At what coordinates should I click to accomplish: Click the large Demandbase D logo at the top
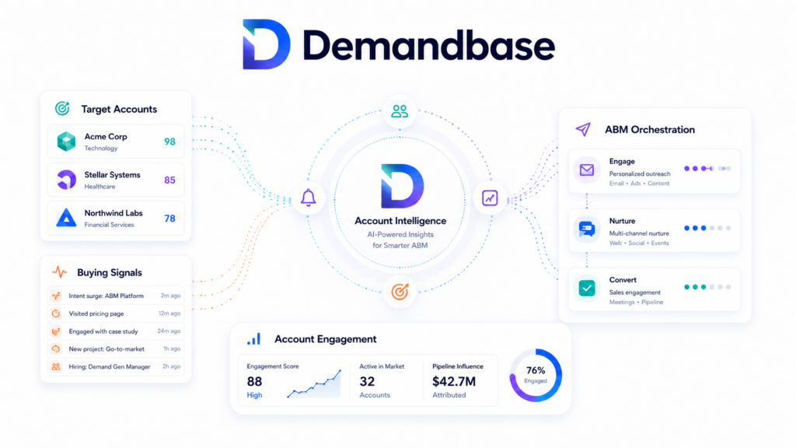pyautogui.click(x=266, y=44)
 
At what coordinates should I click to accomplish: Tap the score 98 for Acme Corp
pyautogui.click(x=169, y=142)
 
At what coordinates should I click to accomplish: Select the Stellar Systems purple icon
pyautogui.click(x=67, y=180)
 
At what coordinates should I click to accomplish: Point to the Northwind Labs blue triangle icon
pyautogui.click(x=66, y=218)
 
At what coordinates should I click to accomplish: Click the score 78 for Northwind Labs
pyautogui.click(x=169, y=219)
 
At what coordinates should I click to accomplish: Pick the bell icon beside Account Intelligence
pyautogui.click(x=308, y=198)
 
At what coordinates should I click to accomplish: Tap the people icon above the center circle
pyautogui.click(x=400, y=111)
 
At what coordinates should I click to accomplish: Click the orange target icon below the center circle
pyautogui.click(x=400, y=292)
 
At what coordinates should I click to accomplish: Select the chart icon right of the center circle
pyautogui.click(x=490, y=198)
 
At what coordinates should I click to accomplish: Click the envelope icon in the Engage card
pyautogui.click(x=587, y=170)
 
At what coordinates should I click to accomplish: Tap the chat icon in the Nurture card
pyautogui.click(x=587, y=229)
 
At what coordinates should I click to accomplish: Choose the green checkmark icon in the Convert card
pyautogui.click(x=587, y=288)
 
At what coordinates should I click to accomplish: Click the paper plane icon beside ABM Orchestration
pyautogui.click(x=583, y=129)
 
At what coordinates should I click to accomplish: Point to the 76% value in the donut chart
pyautogui.click(x=536, y=370)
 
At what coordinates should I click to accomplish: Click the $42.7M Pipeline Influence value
pyautogui.click(x=454, y=381)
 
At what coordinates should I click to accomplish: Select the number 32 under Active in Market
pyautogui.click(x=367, y=381)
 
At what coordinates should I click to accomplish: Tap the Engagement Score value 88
pyautogui.click(x=254, y=381)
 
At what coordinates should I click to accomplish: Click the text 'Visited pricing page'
pyautogui.click(x=96, y=313)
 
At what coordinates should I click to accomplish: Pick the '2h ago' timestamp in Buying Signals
pyautogui.click(x=172, y=366)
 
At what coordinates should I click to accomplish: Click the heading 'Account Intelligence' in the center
pyautogui.click(x=400, y=221)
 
